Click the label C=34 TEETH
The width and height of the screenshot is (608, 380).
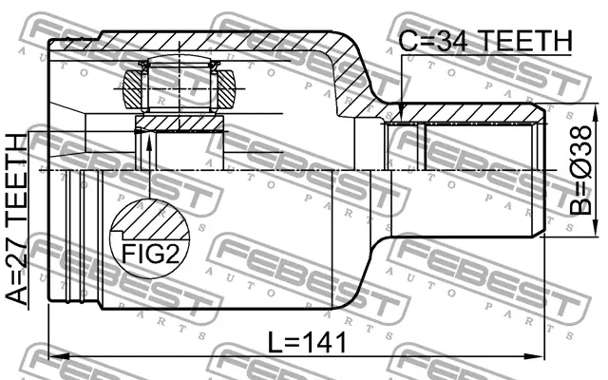point(484,41)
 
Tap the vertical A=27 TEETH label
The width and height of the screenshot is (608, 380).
point(18,218)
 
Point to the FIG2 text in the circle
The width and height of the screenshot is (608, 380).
point(150,254)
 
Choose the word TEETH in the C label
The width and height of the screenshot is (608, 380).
point(523,41)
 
